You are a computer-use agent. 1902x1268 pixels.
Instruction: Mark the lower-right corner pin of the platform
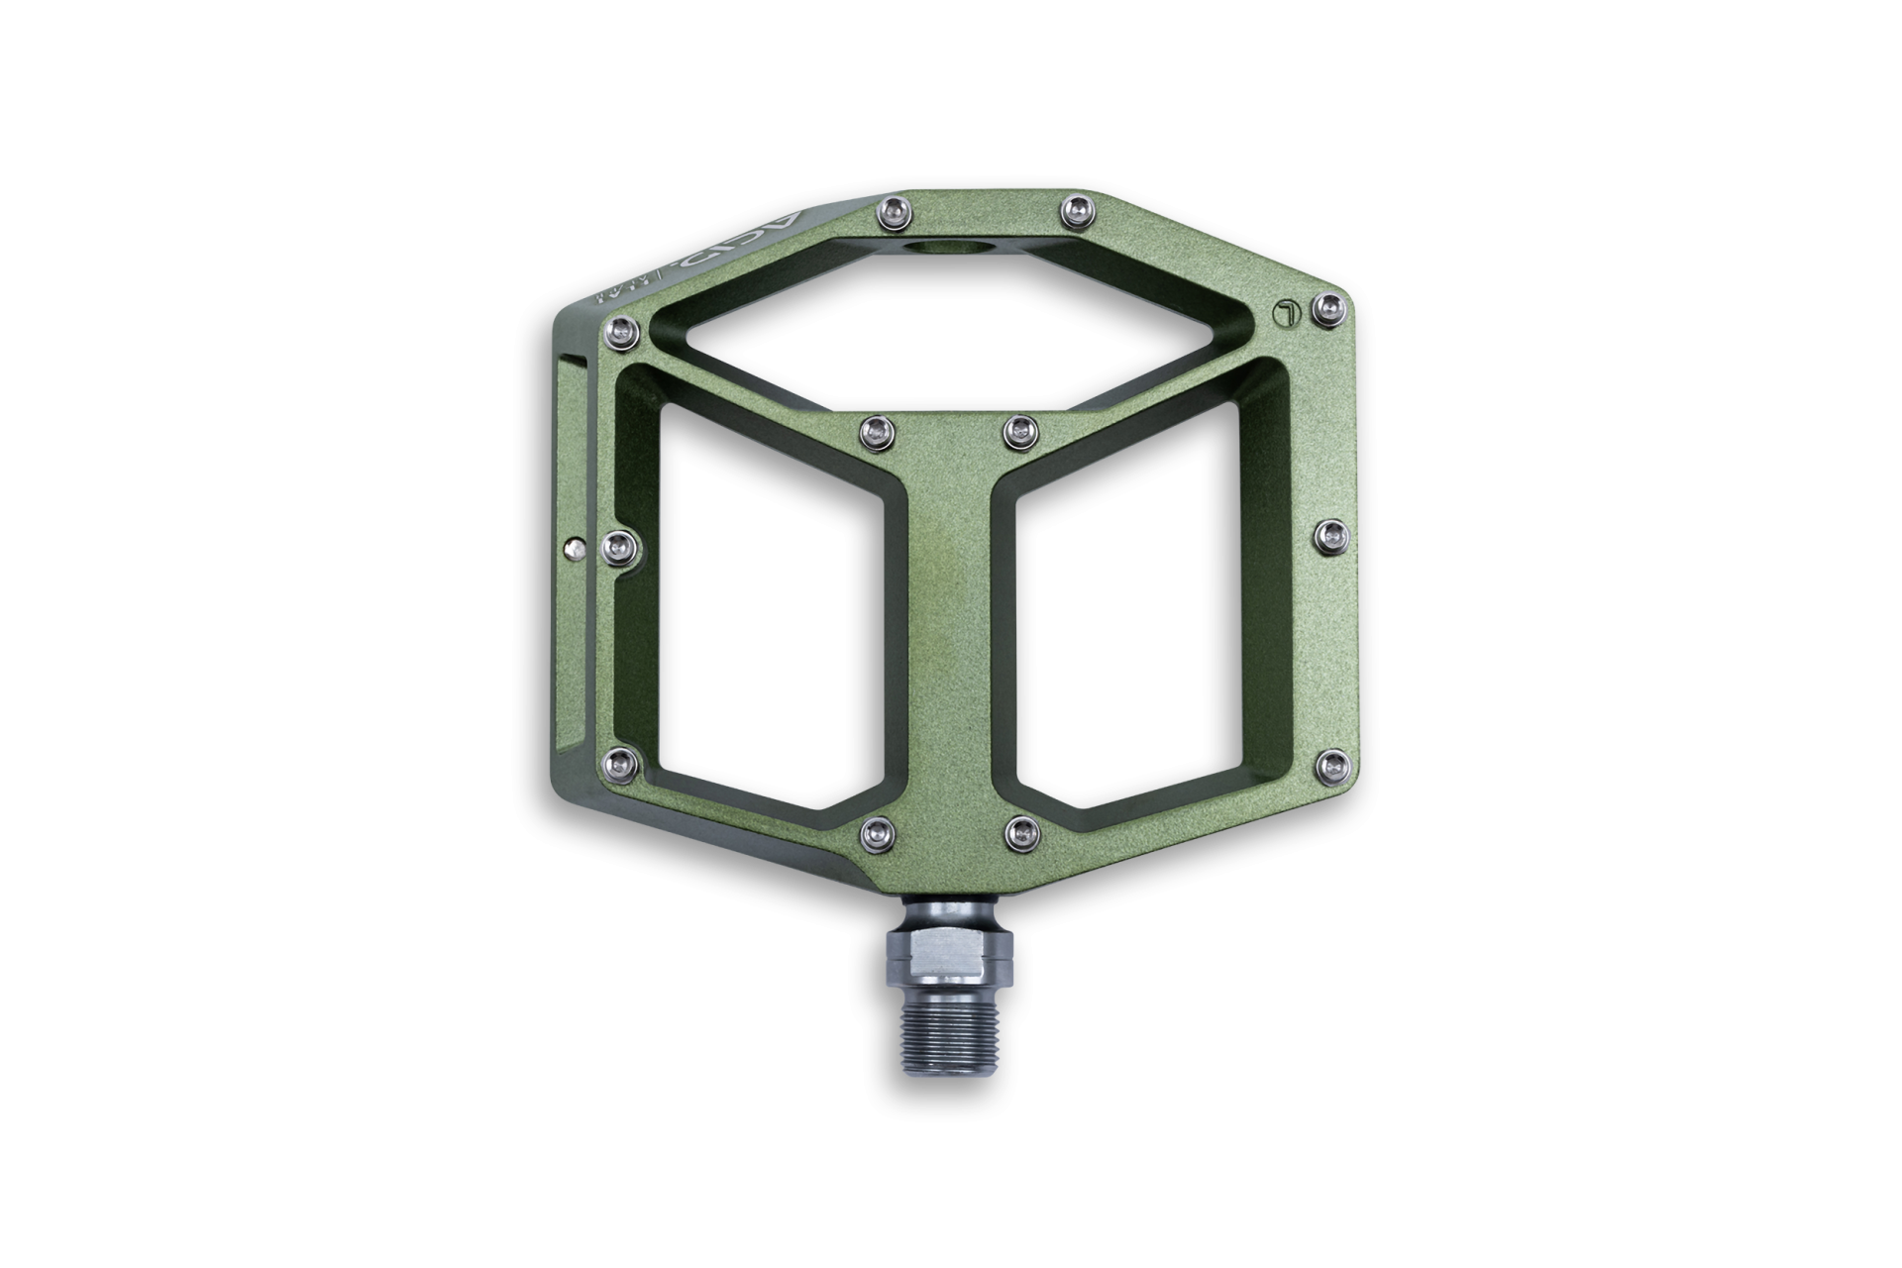coord(1330,762)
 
